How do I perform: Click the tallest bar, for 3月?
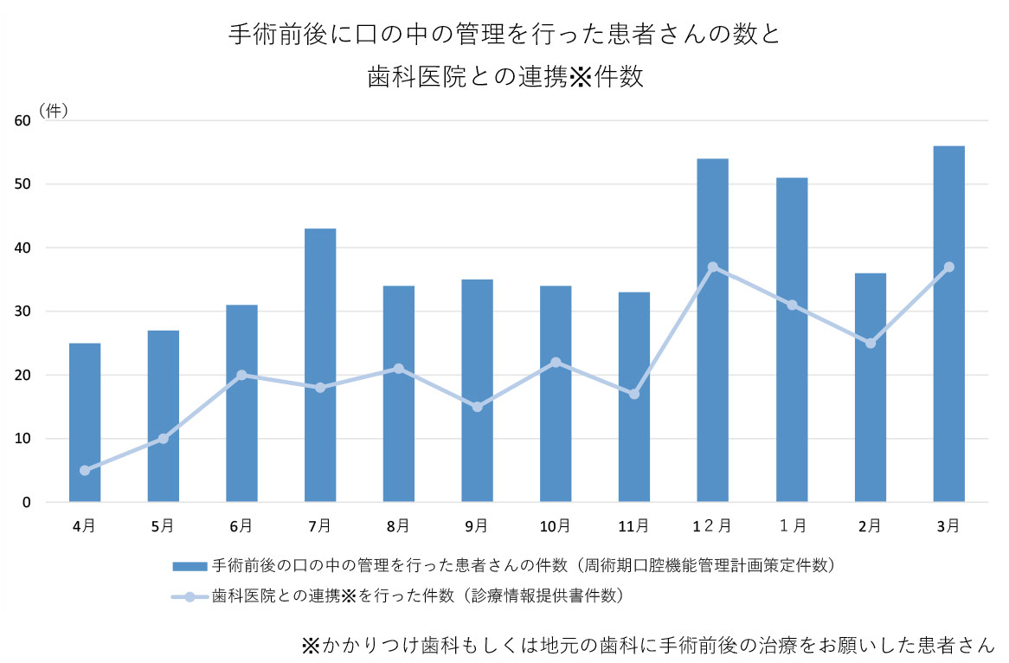click(x=948, y=324)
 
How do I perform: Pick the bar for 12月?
click(x=713, y=330)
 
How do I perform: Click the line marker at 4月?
click(x=85, y=470)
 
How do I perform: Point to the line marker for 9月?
click(x=477, y=407)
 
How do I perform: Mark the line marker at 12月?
click(x=713, y=267)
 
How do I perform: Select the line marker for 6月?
click(x=241, y=375)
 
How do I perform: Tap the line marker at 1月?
click(x=792, y=305)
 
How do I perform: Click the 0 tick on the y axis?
click(x=26, y=502)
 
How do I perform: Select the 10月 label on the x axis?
click(x=556, y=525)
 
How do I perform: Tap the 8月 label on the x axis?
click(x=398, y=525)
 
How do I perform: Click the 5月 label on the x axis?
click(x=163, y=525)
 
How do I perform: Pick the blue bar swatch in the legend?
click(x=190, y=566)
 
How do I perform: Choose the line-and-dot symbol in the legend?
click(x=190, y=595)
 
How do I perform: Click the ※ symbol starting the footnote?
click(x=311, y=645)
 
